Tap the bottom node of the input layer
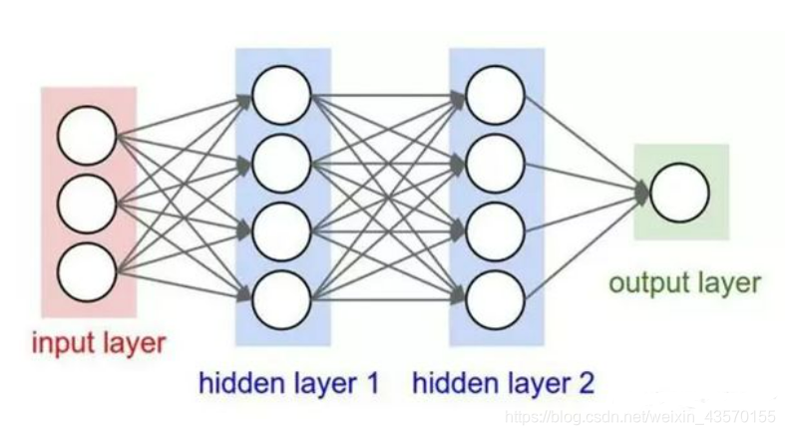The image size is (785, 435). point(87,270)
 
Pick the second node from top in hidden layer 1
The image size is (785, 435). point(281,159)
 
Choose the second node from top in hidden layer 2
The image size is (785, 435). point(495,159)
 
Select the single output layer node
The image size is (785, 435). point(679,193)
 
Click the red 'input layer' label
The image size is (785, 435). point(98,343)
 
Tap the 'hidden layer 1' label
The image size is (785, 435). point(288,382)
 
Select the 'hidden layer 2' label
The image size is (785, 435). point(503,382)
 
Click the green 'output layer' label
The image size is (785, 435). point(684,283)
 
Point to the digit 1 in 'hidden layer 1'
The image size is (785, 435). point(371,382)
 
